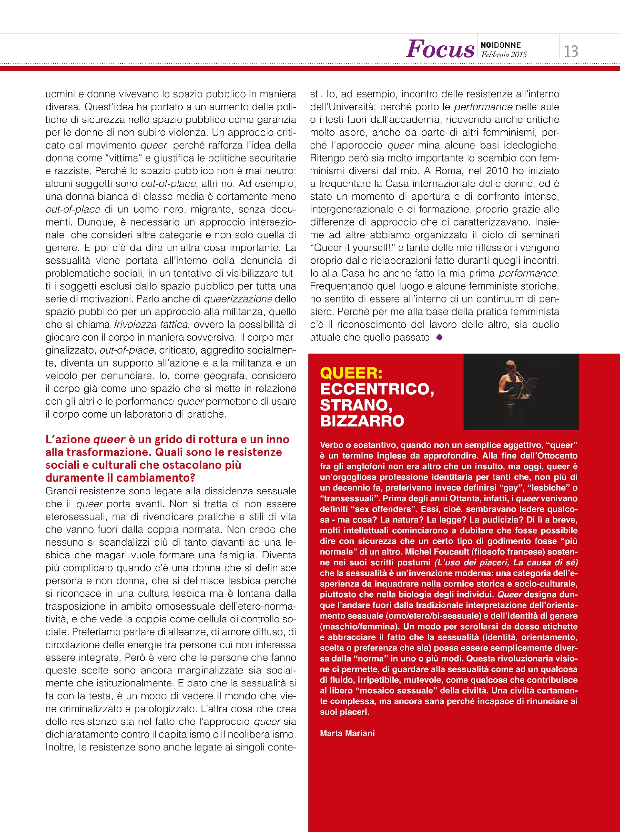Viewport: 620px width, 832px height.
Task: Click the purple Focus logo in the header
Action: (440, 49)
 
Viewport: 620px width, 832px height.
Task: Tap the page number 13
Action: (571, 52)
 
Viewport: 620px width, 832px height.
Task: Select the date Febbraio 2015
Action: (504, 54)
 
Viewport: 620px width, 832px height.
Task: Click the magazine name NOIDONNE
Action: (501, 45)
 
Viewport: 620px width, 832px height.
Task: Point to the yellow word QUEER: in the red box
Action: (351, 373)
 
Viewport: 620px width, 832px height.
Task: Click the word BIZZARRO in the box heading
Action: (362, 421)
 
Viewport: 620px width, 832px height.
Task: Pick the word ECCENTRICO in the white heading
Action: (377, 389)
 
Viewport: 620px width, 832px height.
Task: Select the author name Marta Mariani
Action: (347, 733)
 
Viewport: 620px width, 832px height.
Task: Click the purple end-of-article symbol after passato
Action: (439, 337)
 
